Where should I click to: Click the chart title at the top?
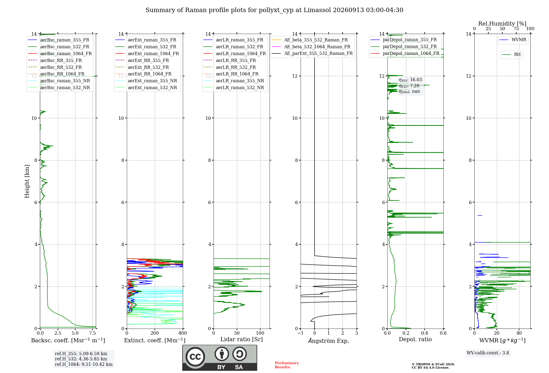[274, 10]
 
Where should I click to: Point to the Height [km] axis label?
[27, 181]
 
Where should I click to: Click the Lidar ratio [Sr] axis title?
[242, 339]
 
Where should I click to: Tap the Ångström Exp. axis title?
[329, 341]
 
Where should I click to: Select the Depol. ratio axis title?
[415, 339]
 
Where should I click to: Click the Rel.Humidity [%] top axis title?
[502, 24]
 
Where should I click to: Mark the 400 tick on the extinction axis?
[183, 333]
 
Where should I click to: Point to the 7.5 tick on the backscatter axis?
[93, 333]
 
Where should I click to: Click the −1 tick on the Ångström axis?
[301, 333]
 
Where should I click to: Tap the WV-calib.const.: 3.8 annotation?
[488, 353]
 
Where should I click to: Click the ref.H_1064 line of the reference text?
[84, 364]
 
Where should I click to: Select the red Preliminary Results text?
[287, 365]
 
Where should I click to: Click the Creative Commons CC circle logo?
[195, 357]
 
